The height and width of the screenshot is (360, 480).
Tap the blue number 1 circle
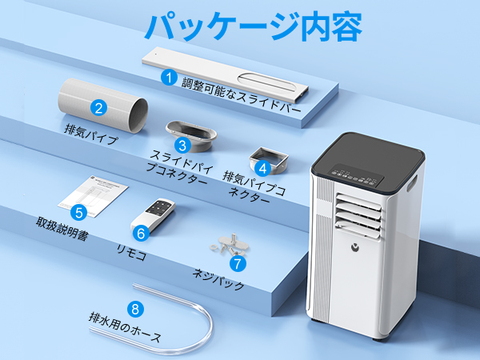coord(168,78)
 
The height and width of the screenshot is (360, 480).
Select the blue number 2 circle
coord(99,109)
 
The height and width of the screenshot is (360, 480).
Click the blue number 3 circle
coord(182,145)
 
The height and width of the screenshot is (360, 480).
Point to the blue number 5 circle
coord(78,212)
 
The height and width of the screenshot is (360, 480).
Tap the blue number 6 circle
coord(140,234)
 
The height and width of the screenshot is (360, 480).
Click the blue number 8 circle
coord(134,308)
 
